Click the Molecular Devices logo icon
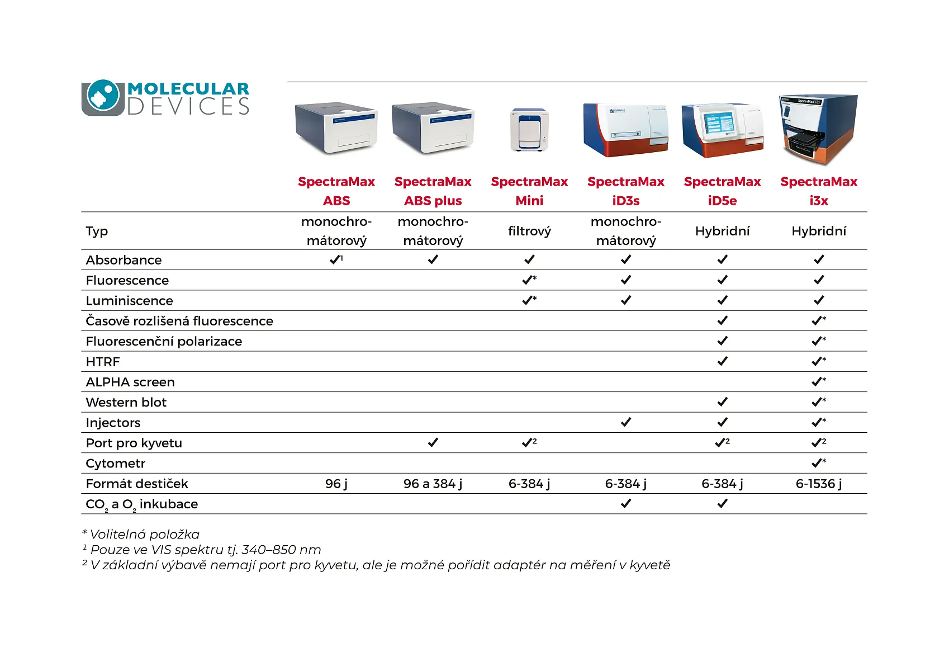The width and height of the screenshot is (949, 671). [102, 97]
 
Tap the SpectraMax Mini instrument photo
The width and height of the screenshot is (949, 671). [529, 130]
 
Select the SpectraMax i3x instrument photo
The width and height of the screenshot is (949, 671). [819, 129]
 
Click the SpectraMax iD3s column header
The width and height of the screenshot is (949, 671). [626, 191]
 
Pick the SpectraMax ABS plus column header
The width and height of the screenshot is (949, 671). [433, 191]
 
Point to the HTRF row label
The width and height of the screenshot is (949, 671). [103, 362]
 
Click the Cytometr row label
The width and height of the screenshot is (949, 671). [115, 464]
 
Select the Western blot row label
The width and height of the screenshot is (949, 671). [126, 402]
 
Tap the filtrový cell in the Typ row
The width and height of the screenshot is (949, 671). [530, 231]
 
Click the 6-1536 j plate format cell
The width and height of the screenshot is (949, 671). [819, 484]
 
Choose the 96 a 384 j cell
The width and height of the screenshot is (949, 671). [433, 484]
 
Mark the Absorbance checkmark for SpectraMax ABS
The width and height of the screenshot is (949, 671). [335, 259]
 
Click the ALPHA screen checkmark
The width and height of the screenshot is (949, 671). [818, 381]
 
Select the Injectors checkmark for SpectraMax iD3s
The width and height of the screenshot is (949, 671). [626, 422]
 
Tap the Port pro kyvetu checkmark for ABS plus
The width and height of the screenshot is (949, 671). [433, 442]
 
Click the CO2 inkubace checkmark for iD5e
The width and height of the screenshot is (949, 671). [722, 504]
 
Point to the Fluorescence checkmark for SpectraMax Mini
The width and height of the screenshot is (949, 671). [528, 280]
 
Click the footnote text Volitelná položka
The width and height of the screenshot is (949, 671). [144, 534]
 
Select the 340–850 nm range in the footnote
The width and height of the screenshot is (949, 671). [281, 550]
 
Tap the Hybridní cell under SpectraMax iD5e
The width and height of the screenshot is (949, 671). [722, 231]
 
